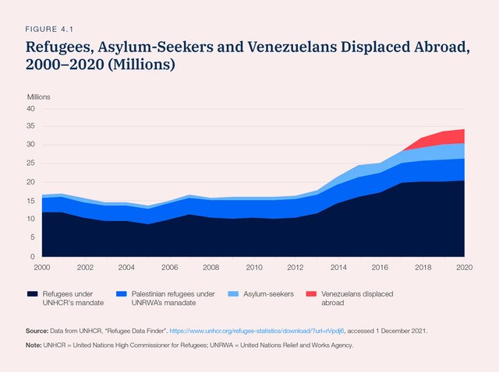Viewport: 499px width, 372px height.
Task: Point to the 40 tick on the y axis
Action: pyautogui.click(x=31, y=109)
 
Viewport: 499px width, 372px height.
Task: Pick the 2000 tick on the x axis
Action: pyautogui.click(x=42, y=267)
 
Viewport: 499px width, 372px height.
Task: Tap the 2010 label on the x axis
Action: pyautogui.click(x=253, y=267)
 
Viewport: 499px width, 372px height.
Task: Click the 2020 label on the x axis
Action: pyautogui.click(x=463, y=267)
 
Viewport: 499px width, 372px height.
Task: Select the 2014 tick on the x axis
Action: pyautogui.click(x=338, y=267)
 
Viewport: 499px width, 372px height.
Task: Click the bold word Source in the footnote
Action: pyautogui.click(x=39, y=331)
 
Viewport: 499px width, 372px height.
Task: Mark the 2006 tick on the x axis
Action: pyautogui.click(x=169, y=267)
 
